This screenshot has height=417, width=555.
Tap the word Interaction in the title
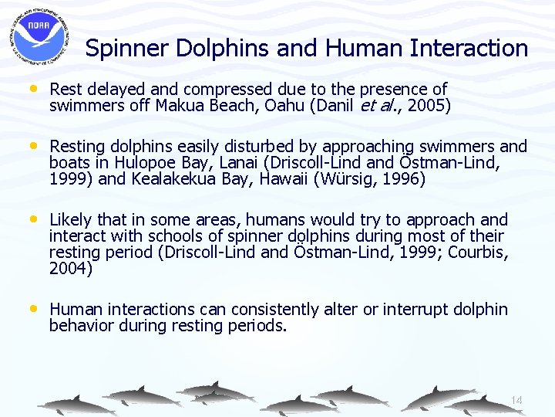(469, 49)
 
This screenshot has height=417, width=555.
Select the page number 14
(516, 400)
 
